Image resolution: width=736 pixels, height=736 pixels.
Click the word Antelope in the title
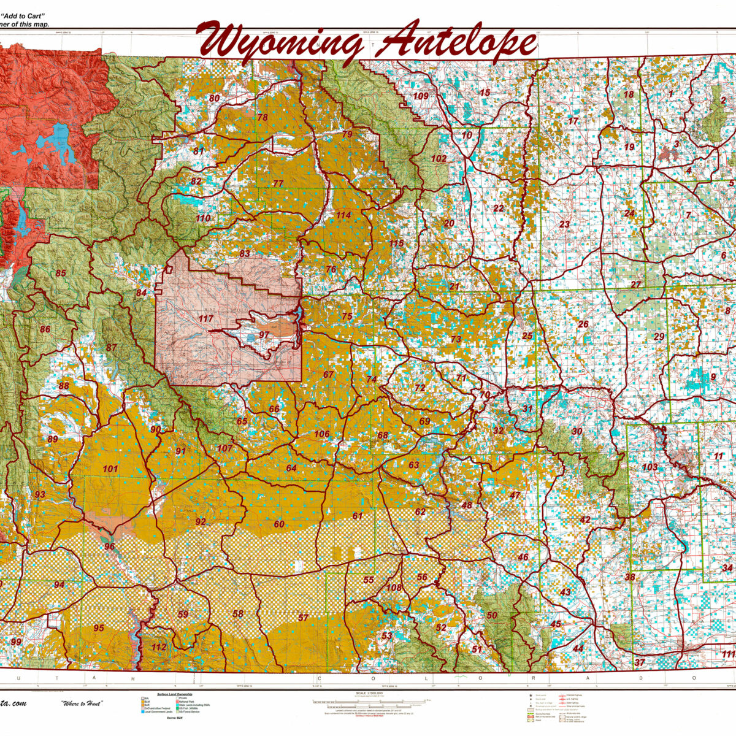pyautogui.click(x=456, y=44)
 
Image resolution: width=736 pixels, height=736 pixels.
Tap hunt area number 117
pyautogui.click(x=206, y=319)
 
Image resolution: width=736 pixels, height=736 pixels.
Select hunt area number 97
pyautogui.click(x=264, y=335)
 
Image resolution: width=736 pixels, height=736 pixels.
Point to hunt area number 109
pyautogui.click(x=421, y=96)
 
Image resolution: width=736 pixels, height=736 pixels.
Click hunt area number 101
pyautogui.click(x=110, y=469)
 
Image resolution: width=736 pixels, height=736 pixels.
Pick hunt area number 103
pyautogui.click(x=650, y=467)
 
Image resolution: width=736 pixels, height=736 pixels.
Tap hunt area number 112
pyautogui.click(x=159, y=648)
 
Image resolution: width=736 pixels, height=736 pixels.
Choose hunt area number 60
pyautogui.click(x=279, y=524)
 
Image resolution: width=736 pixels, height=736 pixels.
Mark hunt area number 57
pyautogui.click(x=303, y=618)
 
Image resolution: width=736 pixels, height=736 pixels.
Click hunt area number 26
pyautogui.click(x=583, y=324)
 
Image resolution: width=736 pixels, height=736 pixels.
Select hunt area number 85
pyautogui.click(x=61, y=274)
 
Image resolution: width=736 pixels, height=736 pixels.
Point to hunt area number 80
pyautogui.click(x=214, y=98)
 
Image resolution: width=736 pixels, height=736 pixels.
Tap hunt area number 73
pyautogui.click(x=456, y=339)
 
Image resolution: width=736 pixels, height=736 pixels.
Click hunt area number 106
pyautogui.click(x=322, y=434)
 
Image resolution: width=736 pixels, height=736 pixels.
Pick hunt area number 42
pyautogui.click(x=585, y=520)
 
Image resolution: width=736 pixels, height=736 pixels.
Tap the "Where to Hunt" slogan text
pyautogui.click(x=82, y=703)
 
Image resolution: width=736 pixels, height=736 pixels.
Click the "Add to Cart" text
pyautogui.click(x=25, y=16)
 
